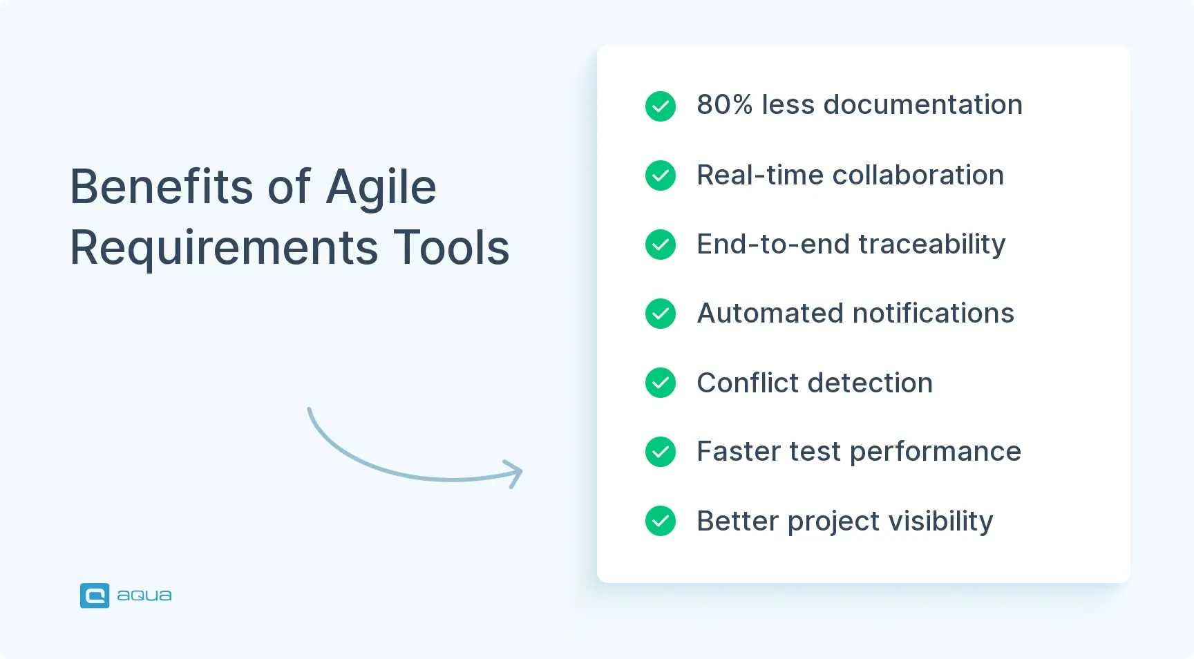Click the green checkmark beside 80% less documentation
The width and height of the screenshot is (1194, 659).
[661, 106]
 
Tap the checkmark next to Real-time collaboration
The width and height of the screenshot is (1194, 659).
[661, 175]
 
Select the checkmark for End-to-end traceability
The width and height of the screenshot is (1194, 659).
[661, 245]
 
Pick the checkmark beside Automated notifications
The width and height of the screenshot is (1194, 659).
[661, 314]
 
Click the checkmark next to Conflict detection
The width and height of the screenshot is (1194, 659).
[661, 383]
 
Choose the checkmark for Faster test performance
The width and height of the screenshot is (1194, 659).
[661, 452]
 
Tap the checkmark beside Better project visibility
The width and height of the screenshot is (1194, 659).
[661, 521]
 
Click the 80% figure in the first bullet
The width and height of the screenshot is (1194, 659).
[724, 105]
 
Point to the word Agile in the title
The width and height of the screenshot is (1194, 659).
[381, 187]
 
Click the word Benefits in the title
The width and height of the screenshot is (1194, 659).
[162, 187]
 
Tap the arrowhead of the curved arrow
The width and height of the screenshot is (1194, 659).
[514, 474]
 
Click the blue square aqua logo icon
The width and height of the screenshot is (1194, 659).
[95, 595]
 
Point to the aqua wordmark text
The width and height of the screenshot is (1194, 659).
[144, 595]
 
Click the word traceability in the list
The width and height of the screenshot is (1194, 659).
[931, 245]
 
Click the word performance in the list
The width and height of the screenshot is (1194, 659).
[935, 452]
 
